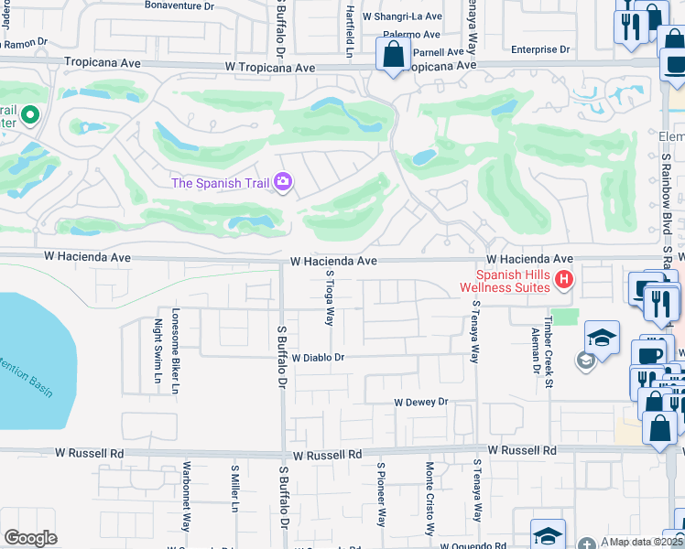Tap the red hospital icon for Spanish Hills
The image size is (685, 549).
(x=564, y=279)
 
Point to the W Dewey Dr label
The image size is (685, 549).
(x=421, y=402)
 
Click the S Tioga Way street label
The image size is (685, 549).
(x=330, y=297)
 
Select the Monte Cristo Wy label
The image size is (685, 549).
(x=429, y=499)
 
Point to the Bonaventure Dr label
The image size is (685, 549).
(x=179, y=5)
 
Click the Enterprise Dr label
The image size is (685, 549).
(x=540, y=49)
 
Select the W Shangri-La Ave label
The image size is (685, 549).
(x=402, y=17)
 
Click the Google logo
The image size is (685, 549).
(x=30, y=538)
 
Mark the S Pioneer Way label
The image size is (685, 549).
(x=381, y=494)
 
